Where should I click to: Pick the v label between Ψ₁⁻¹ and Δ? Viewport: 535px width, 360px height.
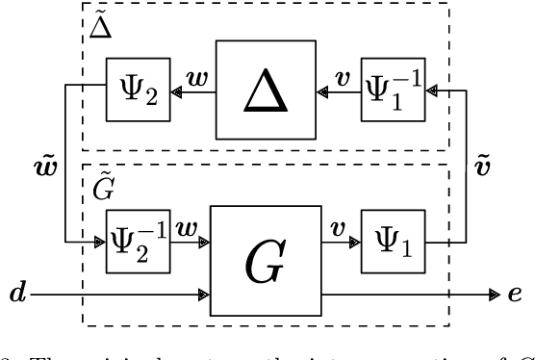[x=341, y=74]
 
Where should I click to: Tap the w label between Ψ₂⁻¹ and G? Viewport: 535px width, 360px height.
[x=188, y=229]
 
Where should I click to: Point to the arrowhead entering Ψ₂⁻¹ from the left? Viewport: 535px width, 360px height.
[x=99, y=244]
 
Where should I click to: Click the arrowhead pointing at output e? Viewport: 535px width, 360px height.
[x=493, y=290]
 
